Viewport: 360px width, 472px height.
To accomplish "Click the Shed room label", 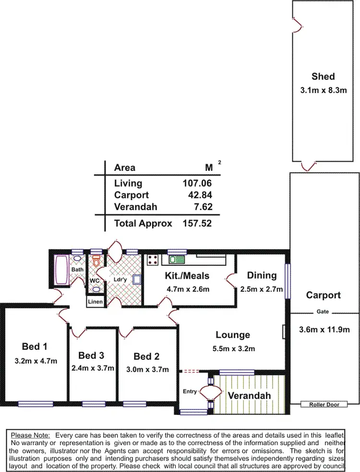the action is pyautogui.click(x=323, y=76).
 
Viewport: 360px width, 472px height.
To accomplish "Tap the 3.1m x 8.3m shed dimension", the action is pyautogui.click(x=323, y=90).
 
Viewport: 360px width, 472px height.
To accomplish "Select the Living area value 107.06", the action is pyautogui.click(x=197, y=183).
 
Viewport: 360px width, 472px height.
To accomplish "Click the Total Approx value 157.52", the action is pyautogui.click(x=197, y=224).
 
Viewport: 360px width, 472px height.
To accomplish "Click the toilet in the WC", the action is pyautogui.click(x=96, y=261).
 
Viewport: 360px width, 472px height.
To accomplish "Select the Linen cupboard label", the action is pyautogui.click(x=95, y=301).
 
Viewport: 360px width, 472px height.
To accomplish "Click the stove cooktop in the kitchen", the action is pyautogui.click(x=154, y=260).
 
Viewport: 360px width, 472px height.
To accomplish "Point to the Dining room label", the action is pyautogui.click(x=262, y=275).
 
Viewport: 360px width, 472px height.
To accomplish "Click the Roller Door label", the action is pyautogui.click(x=320, y=404).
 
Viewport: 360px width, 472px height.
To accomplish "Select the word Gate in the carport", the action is pyautogui.click(x=323, y=312).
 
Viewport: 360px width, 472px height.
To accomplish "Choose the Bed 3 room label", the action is pyautogui.click(x=91, y=355).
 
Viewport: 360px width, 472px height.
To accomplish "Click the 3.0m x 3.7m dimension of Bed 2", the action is pyautogui.click(x=151, y=369).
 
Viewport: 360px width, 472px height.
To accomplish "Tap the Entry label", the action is pyautogui.click(x=190, y=391).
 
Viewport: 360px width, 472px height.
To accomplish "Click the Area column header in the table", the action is pyautogui.click(x=125, y=167).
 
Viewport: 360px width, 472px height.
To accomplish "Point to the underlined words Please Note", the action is pyautogui.click(x=30, y=435).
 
